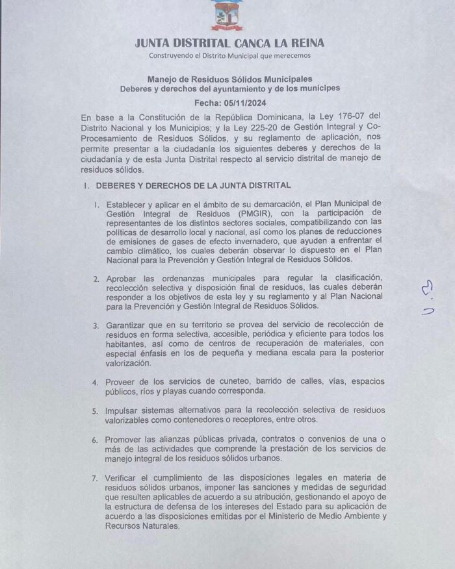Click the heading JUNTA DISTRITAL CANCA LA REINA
pyautogui.click(x=229, y=44)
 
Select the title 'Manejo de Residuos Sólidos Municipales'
pyautogui.click(x=229, y=78)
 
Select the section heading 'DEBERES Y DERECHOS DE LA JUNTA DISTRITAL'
pyautogui.click(x=193, y=186)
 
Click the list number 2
pyautogui.click(x=96, y=278)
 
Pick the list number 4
pyautogui.click(x=96, y=382)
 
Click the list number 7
pyautogui.click(x=96, y=478)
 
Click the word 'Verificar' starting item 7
pyautogui.click(x=123, y=478)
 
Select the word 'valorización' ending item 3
pyautogui.click(x=129, y=364)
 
